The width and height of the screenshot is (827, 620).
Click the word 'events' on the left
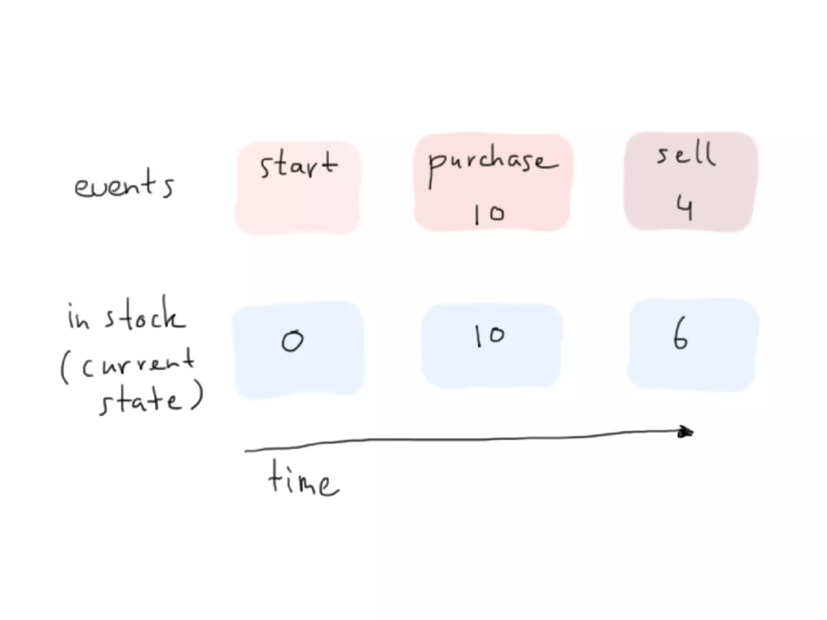click(124, 185)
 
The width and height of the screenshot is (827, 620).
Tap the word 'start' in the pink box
click(298, 165)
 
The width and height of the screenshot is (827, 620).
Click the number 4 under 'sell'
click(685, 209)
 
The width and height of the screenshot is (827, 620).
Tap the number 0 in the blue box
click(292, 341)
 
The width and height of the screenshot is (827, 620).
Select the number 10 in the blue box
click(489, 336)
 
